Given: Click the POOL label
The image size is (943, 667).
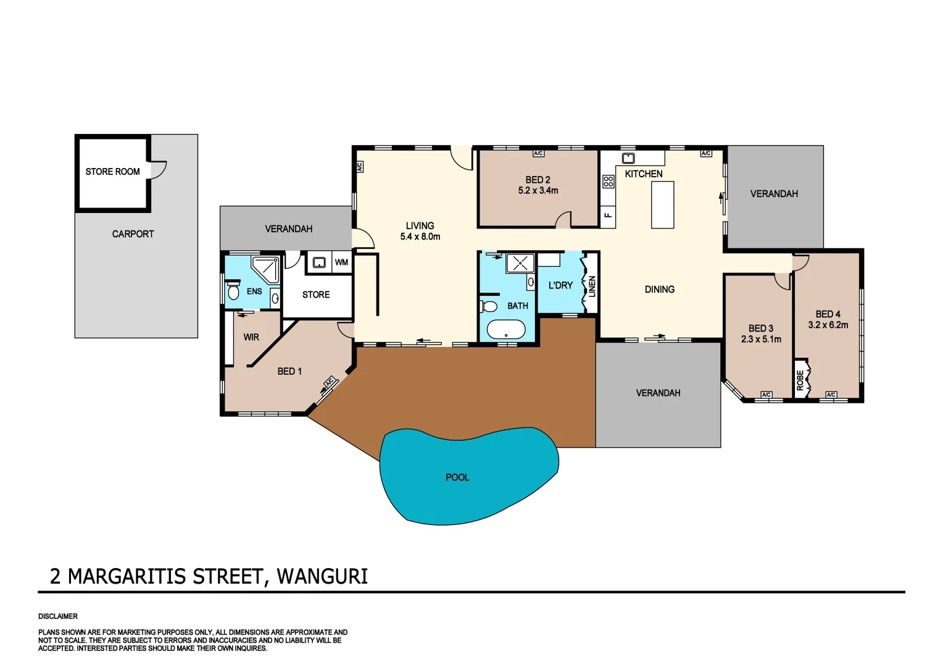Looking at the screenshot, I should click(457, 477).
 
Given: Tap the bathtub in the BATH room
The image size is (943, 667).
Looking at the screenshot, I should click(506, 330).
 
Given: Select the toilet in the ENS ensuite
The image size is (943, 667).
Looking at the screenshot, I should click(233, 291).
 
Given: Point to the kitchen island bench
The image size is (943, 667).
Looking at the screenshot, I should click(662, 205).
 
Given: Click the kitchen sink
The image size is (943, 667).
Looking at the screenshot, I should click(628, 158).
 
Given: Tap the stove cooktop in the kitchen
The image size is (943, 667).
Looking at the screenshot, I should click(609, 182).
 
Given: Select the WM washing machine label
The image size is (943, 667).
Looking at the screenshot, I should click(341, 262).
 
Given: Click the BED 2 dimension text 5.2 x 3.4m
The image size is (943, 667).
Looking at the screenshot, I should click(538, 191).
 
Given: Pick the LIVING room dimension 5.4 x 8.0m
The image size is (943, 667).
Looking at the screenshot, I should click(420, 237).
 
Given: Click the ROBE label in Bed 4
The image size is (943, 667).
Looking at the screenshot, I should click(800, 380).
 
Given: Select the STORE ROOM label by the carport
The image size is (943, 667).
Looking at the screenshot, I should click(112, 172).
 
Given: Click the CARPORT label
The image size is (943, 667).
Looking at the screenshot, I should click(133, 234).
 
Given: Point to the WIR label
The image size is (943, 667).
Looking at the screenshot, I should click(251, 337).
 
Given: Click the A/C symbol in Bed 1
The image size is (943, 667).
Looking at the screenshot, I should click(330, 382).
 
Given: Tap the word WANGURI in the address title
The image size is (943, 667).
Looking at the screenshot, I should click(322, 576).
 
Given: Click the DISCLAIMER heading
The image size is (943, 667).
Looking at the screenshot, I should click(58, 616).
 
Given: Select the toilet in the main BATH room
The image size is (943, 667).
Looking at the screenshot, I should click(489, 306).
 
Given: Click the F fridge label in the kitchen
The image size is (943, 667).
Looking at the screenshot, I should click(608, 215).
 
